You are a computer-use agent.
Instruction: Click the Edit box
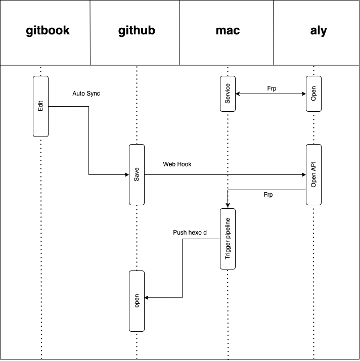coord(41,106)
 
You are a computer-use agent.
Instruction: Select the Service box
coord(228,94)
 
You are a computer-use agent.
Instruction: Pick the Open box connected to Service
coord(313,94)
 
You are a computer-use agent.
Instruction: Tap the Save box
coord(137,174)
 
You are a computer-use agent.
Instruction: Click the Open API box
coord(313,174)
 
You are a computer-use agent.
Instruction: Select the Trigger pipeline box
coord(228,238)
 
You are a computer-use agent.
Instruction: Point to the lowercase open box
coord(137,301)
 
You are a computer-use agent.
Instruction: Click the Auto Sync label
coord(86,94)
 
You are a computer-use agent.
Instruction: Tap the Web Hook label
coord(177,164)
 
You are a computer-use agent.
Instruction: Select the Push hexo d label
coord(190,233)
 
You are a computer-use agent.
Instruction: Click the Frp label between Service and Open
coord(272,88)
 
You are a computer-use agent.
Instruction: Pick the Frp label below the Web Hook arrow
coord(268,194)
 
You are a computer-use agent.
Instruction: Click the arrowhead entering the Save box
coord(126,175)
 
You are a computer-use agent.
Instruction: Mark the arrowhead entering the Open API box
coord(303,175)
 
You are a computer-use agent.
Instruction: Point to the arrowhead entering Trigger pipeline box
coord(228,205)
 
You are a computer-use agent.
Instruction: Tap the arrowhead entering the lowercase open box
coord(147,298)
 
